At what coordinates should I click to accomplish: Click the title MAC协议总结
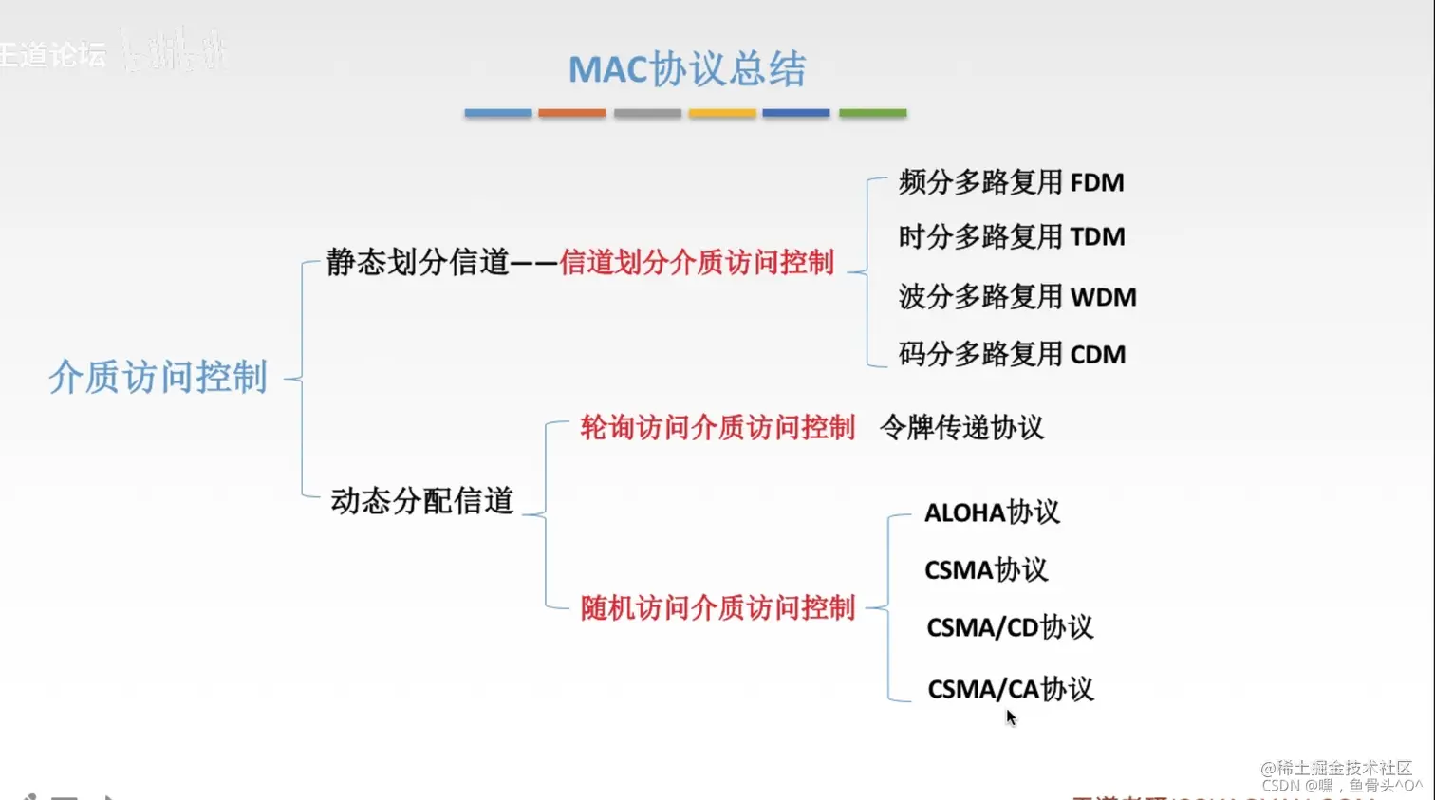687,69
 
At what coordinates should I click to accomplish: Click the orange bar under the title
571,113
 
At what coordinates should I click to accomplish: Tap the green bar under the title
872,113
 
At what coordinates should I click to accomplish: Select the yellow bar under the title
721,113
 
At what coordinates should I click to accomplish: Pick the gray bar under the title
647,113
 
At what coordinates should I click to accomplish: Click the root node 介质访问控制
158,377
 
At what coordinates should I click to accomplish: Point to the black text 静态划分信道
419,262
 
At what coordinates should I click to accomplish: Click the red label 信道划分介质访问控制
697,262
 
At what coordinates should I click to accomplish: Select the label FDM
1097,182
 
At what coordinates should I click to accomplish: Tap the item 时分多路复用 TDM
1011,236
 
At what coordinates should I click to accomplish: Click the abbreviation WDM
1103,297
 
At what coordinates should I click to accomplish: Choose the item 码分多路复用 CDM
1011,354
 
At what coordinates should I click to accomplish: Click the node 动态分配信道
421,500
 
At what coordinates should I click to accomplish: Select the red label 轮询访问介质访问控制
717,427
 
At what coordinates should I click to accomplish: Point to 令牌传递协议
961,427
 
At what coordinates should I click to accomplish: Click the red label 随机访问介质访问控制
717,607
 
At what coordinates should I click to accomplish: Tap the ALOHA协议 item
992,512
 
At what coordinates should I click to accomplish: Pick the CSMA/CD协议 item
1009,627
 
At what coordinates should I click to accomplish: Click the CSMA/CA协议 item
1010,689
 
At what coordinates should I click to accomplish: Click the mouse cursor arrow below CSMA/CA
1011,717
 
